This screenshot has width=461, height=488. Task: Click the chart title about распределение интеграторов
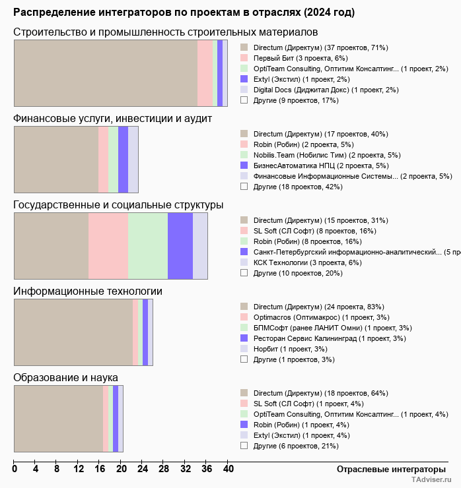click(184, 13)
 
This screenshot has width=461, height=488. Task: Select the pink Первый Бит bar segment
click(205, 73)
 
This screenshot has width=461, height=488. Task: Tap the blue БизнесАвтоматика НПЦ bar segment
click(123, 160)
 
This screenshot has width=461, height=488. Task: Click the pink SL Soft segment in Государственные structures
click(108, 246)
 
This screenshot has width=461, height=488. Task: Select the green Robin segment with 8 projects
click(148, 246)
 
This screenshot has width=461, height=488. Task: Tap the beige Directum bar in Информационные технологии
click(73, 332)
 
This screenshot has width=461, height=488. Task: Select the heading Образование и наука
click(65, 377)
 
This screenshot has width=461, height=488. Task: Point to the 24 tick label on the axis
click(143, 469)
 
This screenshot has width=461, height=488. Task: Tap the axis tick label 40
click(228, 469)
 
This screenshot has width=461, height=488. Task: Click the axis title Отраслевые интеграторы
click(391, 470)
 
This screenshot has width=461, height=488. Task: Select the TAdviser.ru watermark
click(431, 479)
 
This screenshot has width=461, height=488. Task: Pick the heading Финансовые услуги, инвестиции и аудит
click(112, 119)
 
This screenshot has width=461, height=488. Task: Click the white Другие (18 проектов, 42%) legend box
click(244, 187)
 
